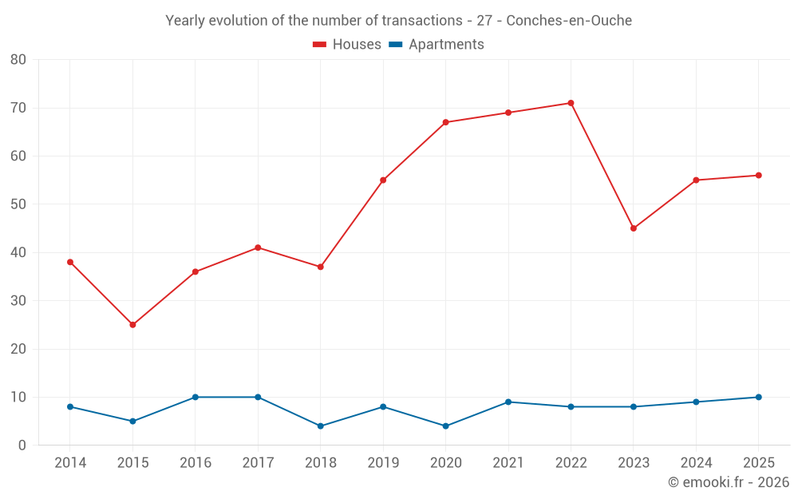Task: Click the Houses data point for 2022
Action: pos(571,103)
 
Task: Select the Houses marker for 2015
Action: pos(132,325)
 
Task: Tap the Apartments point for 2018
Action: pos(321,426)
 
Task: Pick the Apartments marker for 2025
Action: pos(759,397)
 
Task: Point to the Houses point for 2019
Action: pos(383,180)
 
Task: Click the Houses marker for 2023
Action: pos(634,228)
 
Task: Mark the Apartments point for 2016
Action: pos(196,397)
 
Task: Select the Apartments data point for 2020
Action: pos(446,426)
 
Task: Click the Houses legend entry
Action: pos(347,44)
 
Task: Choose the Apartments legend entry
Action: pos(437,44)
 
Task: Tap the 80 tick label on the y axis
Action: pos(18,60)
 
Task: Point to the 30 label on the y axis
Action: pos(18,301)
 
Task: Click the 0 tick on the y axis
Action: pos(22,446)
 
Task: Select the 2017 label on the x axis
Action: pos(258,463)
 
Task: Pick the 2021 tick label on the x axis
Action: pos(508,463)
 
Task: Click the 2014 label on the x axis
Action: pos(70,463)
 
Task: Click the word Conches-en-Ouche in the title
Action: pos(569,21)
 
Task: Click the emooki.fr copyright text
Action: pos(729,482)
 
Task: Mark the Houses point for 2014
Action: pos(70,262)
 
